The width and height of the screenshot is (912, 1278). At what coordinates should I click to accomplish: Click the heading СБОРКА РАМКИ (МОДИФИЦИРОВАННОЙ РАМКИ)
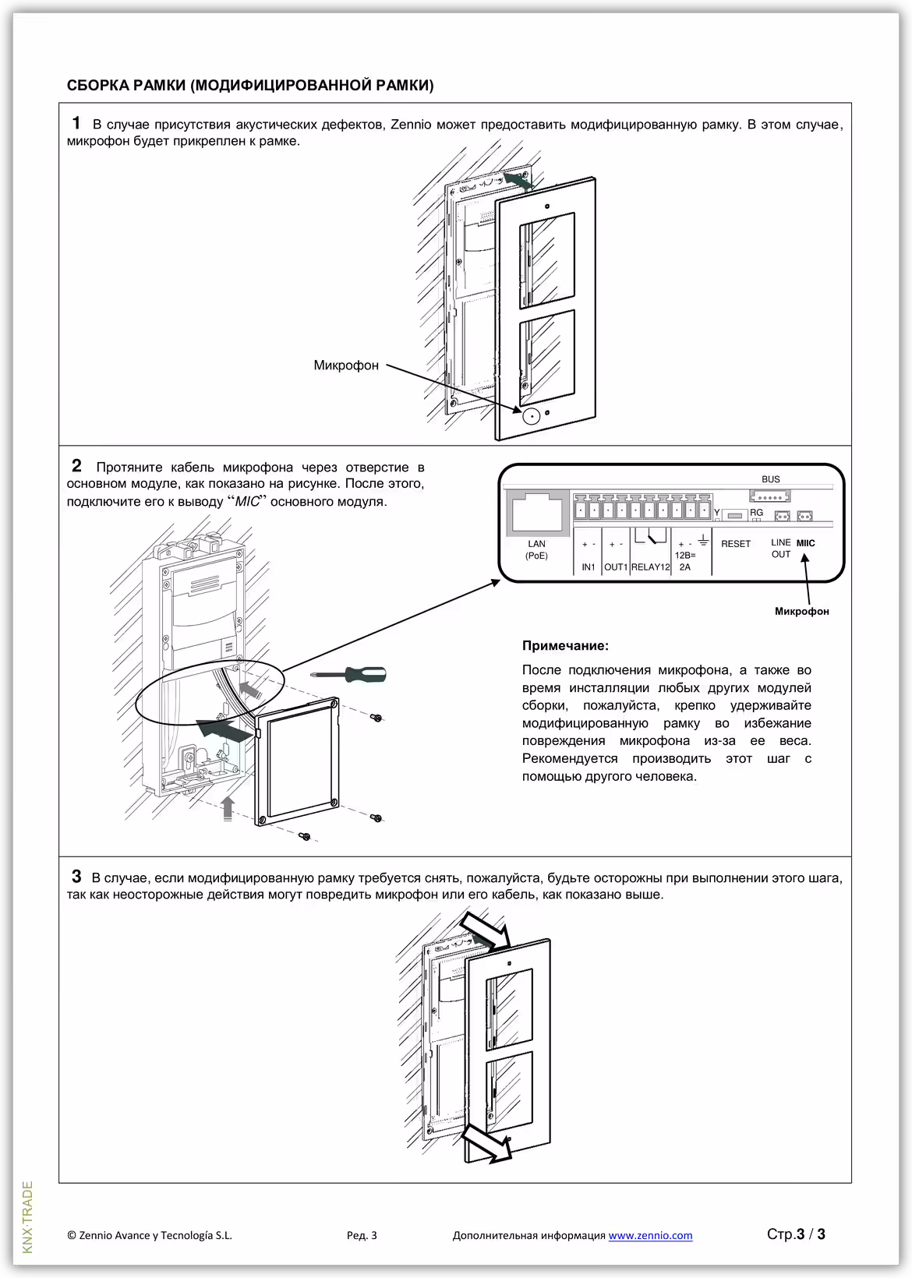[x=250, y=85]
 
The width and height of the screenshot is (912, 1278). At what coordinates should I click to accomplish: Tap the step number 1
[x=76, y=123]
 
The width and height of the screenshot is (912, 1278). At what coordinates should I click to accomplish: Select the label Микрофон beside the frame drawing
[x=346, y=365]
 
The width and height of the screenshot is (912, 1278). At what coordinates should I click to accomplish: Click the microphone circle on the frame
[x=532, y=415]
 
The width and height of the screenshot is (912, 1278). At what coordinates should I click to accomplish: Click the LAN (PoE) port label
[x=536, y=550]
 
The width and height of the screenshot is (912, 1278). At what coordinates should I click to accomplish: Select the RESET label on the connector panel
[x=736, y=544]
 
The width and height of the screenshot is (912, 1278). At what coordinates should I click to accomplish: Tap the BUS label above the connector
[x=770, y=480]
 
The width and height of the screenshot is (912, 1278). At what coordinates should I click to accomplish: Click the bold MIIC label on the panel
[x=806, y=543]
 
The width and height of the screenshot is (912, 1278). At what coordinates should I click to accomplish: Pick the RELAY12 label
[x=650, y=567]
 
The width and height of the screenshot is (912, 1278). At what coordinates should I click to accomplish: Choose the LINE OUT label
[x=780, y=549]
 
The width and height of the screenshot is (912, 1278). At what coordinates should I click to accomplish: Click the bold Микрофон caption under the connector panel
[x=801, y=612]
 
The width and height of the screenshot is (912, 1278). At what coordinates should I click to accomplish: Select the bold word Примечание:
[x=565, y=646]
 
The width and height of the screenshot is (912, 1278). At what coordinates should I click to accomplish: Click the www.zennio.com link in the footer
[x=650, y=1235]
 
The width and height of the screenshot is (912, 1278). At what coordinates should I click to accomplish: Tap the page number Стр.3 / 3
[x=796, y=1234]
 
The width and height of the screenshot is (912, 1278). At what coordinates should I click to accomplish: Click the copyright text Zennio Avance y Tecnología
[x=150, y=1235]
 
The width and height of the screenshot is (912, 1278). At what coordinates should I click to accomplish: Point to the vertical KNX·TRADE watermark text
[x=28, y=1217]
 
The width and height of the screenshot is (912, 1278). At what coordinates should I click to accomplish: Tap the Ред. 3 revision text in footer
[x=362, y=1235]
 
